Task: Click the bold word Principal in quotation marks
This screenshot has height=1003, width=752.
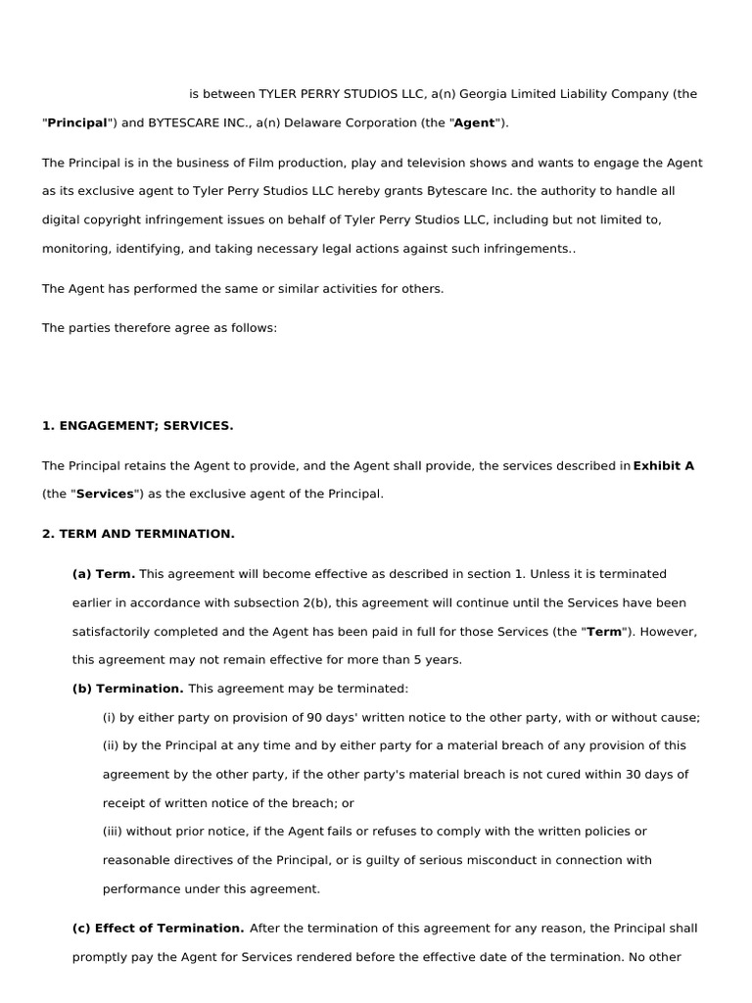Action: coord(77,122)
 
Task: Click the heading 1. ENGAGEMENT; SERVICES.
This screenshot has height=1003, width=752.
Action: coord(138,425)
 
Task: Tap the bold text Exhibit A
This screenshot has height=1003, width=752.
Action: coord(664,466)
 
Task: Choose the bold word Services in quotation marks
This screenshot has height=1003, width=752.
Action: coord(105,494)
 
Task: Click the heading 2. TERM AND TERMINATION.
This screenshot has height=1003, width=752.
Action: coord(138,534)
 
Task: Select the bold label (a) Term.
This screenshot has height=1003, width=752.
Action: coord(104,574)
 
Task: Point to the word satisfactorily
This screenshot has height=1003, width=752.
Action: coord(115,632)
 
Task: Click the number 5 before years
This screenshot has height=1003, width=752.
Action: coord(418,660)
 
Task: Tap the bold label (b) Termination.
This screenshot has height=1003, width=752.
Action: coord(128,689)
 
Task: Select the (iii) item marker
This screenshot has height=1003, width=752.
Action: coord(113,832)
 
